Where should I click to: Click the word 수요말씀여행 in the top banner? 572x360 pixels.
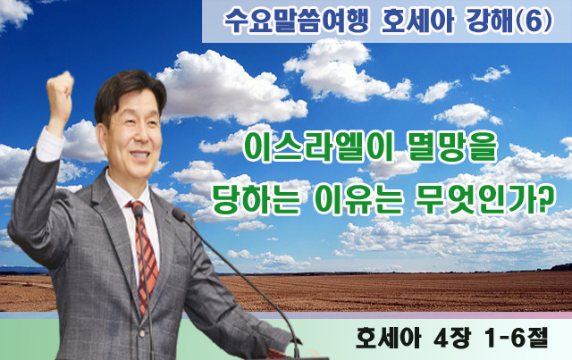[297, 21]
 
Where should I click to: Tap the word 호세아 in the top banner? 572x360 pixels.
[417, 21]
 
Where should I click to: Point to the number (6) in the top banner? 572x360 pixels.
[534, 21]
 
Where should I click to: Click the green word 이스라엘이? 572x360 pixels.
[317, 148]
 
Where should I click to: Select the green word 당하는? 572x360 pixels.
[257, 199]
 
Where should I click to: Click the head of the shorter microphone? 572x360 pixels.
[139, 212]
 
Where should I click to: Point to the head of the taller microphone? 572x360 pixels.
[179, 214]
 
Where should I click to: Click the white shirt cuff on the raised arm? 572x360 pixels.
[49, 145]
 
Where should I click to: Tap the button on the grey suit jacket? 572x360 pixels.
[142, 333]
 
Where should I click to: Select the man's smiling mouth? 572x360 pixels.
[139, 155]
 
